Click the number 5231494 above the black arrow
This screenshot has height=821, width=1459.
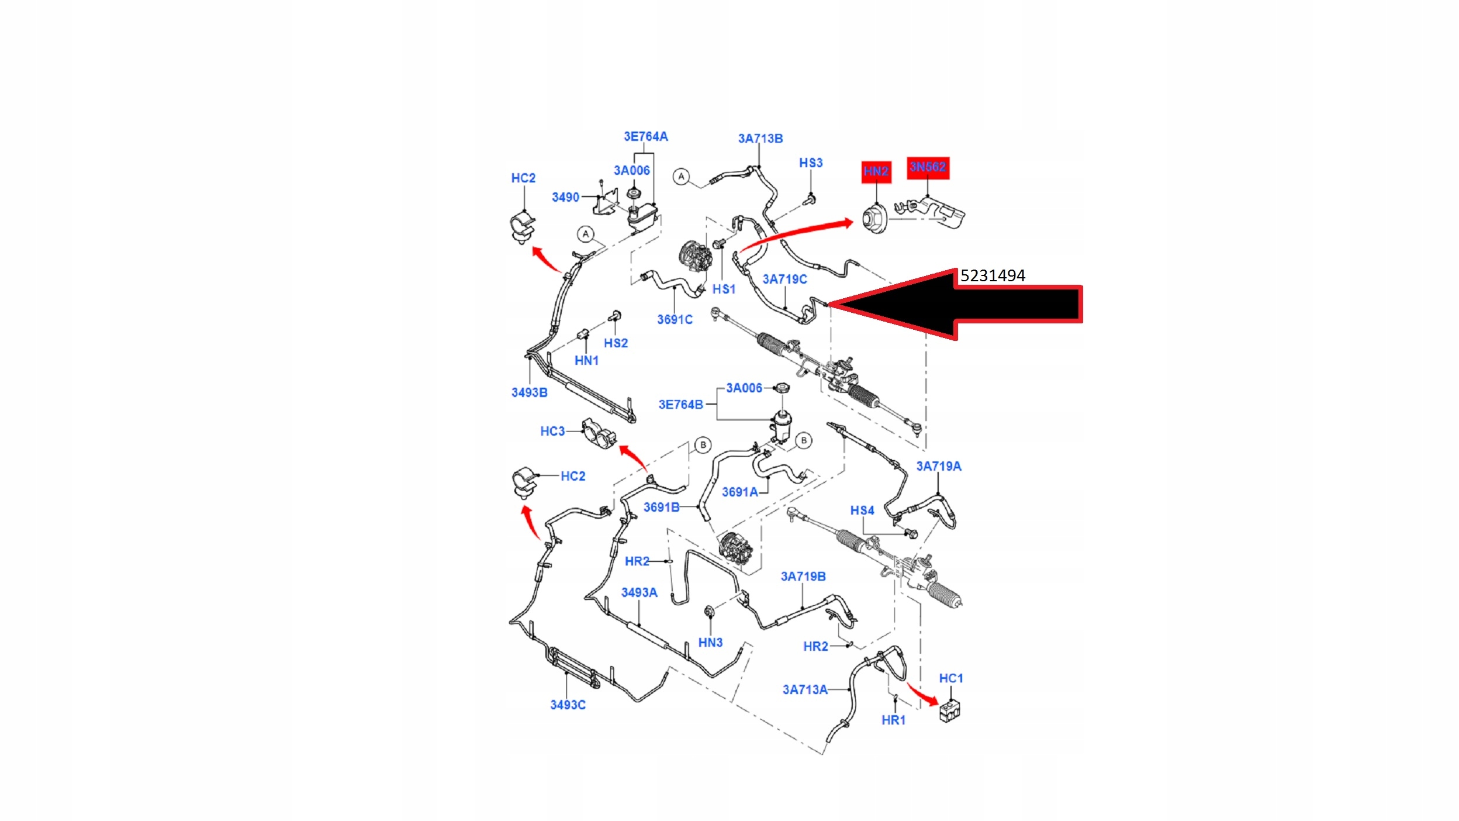pyautogui.click(x=993, y=275)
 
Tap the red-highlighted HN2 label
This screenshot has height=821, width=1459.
pyautogui.click(x=876, y=171)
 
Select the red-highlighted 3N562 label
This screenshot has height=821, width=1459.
pyautogui.click(x=928, y=167)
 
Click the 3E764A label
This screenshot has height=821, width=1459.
pyautogui.click(x=646, y=136)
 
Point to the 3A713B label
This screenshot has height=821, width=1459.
pyautogui.click(x=760, y=139)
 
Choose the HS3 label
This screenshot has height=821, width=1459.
pyautogui.click(x=811, y=163)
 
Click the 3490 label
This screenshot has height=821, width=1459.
pyautogui.click(x=565, y=197)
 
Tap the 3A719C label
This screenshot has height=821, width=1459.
pyautogui.click(x=784, y=280)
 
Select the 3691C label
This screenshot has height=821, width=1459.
pyautogui.click(x=675, y=319)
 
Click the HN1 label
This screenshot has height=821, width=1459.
pyautogui.click(x=586, y=360)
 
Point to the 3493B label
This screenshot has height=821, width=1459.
pyautogui.click(x=529, y=392)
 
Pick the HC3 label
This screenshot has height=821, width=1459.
pyautogui.click(x=552, y=431)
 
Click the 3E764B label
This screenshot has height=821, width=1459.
pyautogui.click(x=681, y=405)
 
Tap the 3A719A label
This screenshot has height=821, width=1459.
pyautogui.click(x=939, y=466)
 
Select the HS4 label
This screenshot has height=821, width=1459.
pyautogui.click(x=862, y=510)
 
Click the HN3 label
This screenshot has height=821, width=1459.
pyautogui.click(x=710, y=643)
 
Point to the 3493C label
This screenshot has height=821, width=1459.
pyautogui.click(x=568, y=705)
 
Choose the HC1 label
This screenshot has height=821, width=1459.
pyautogui.click(x=951, y=678)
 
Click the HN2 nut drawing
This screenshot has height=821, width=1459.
pyautogui.click(x=875, y=219)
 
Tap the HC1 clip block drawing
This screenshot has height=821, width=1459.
pyautogui.click(x=950, y=710)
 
